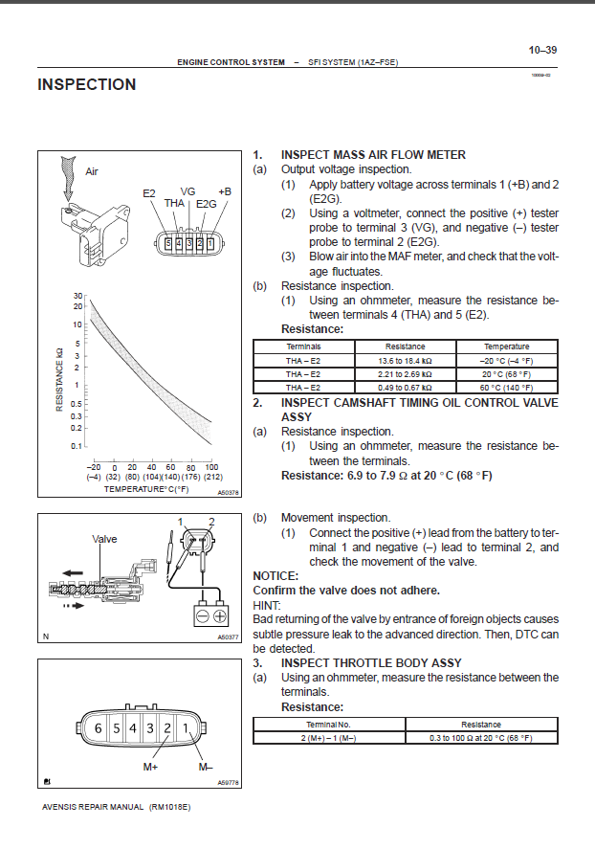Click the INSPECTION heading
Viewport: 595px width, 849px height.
tap(86, 85)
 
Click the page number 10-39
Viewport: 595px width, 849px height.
tap(542, 50)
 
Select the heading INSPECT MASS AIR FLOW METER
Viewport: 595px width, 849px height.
tap(373, 155)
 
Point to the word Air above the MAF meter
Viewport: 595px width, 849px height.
tap(92, 172)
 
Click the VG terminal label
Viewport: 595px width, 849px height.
tap(187, 191)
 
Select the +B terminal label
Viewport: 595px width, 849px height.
tap(224, 191)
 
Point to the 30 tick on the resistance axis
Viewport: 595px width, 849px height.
tap(77, 296)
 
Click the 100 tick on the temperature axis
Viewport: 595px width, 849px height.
tap(212, 466)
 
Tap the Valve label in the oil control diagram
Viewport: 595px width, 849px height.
tap(104, 539)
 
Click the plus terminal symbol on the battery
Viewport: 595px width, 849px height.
tap(220, 616)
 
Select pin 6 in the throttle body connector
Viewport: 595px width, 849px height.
tap(97, 728)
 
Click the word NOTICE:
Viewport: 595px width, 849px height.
tap(275, 576)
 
